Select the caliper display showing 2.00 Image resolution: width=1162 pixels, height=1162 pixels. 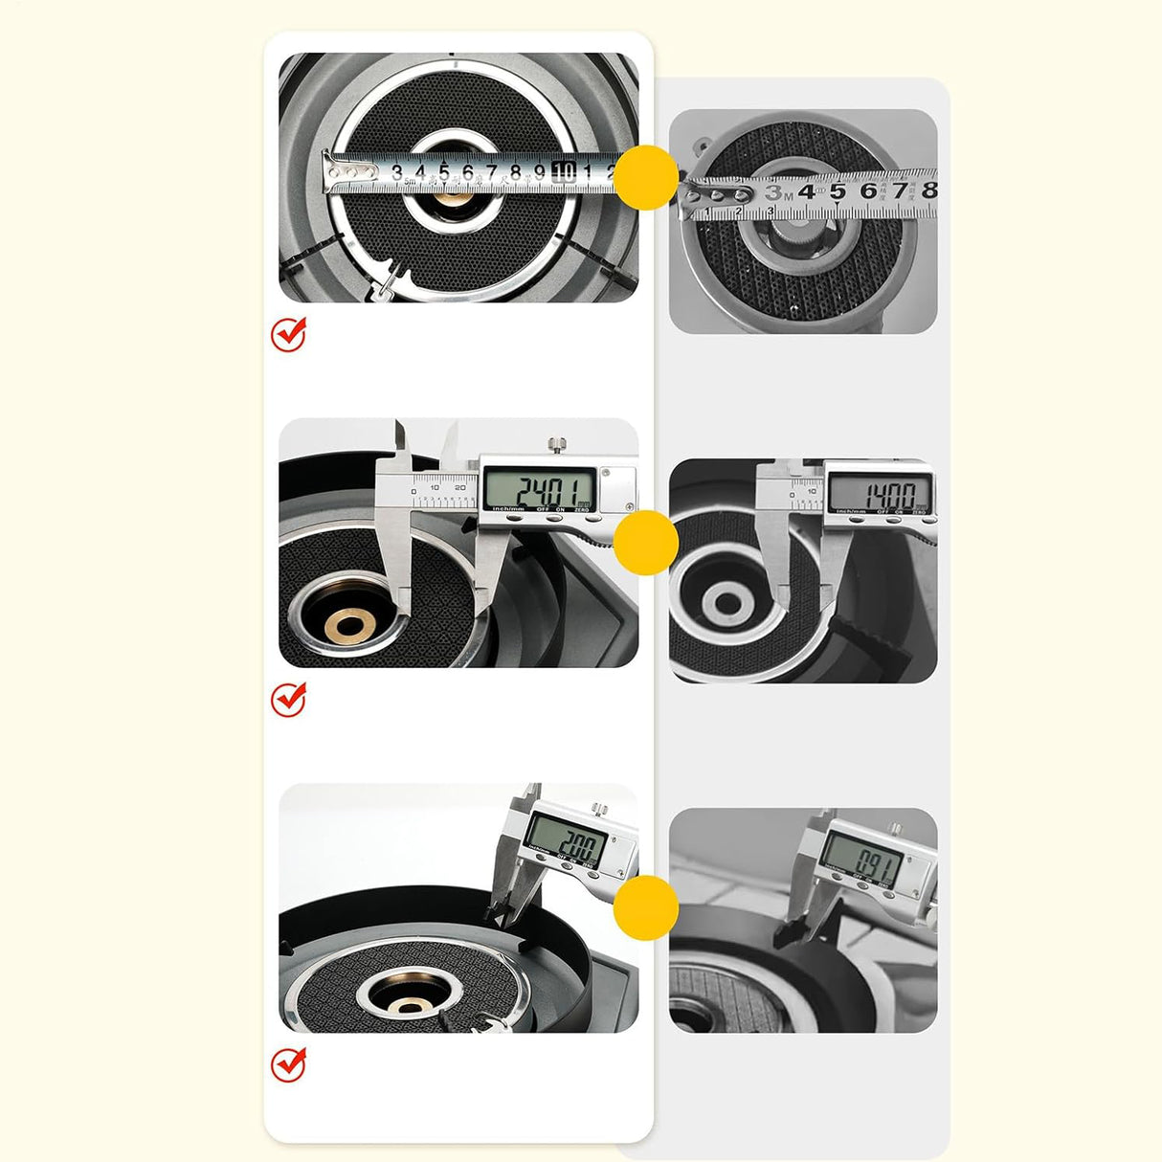566,844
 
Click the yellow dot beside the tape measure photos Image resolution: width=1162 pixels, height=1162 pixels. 646,177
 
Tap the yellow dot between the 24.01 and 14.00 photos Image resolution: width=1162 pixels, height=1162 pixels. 646,542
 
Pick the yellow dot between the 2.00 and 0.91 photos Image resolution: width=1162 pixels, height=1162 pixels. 646,906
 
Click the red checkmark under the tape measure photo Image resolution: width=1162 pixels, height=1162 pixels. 289,335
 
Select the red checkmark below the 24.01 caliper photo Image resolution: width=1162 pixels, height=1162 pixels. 289,700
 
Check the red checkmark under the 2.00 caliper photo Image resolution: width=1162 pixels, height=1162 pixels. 289,1064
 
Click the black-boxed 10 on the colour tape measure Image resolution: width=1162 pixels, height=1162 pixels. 564,172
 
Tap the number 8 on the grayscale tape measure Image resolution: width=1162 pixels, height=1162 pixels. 927,190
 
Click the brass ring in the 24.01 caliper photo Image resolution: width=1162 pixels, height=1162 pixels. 346,627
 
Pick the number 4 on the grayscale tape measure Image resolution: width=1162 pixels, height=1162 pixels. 806,191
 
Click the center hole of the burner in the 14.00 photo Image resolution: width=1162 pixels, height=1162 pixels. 726,604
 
